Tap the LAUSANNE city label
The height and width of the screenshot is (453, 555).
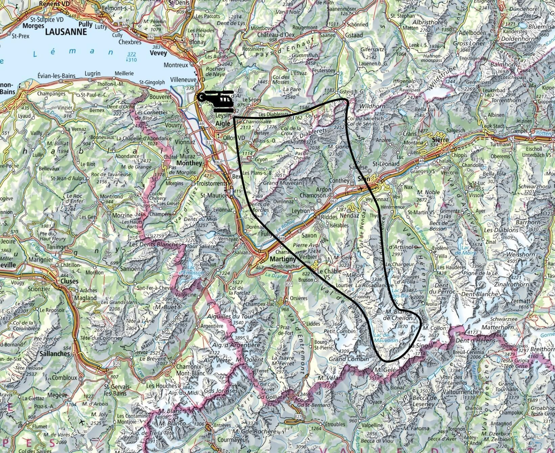66,32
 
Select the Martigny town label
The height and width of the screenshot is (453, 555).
283,259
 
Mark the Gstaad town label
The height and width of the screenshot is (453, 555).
354,35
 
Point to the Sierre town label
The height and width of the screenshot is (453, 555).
439,140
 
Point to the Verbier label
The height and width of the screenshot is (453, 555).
305,257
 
